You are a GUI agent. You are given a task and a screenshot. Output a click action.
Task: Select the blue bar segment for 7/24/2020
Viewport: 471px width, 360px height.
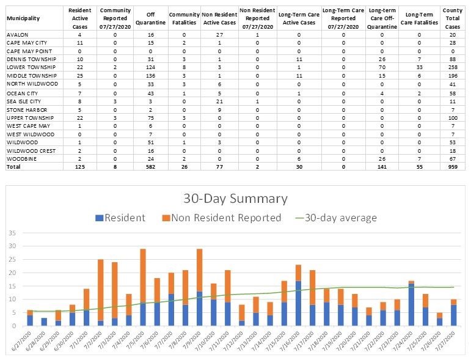click(412, 304)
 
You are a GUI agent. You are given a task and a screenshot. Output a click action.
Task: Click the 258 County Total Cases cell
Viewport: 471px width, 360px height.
click(453, 67)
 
